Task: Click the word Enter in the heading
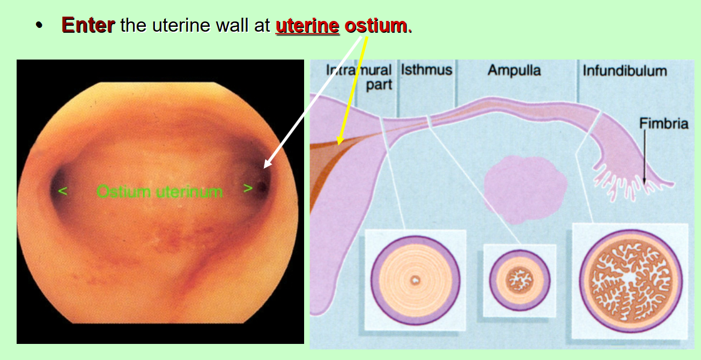(x=87, y=25)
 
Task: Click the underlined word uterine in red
(x=307, y=25)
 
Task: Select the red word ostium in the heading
(x=375, y=25)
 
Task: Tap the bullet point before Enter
(x=38, y=26)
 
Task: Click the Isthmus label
(x=426, y=70)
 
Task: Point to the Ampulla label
(x=514, y=70)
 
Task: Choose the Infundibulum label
(x=625, y=71)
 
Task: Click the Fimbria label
(x=663, y=124)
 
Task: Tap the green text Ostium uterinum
(x=159, y=191)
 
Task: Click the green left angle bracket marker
(x=63, y=190)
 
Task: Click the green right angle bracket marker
(x=247, y=189)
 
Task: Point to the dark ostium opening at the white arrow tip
(x=263, y=188)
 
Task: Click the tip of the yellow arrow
(x=338, y=144)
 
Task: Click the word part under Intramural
(x=379, y=85)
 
